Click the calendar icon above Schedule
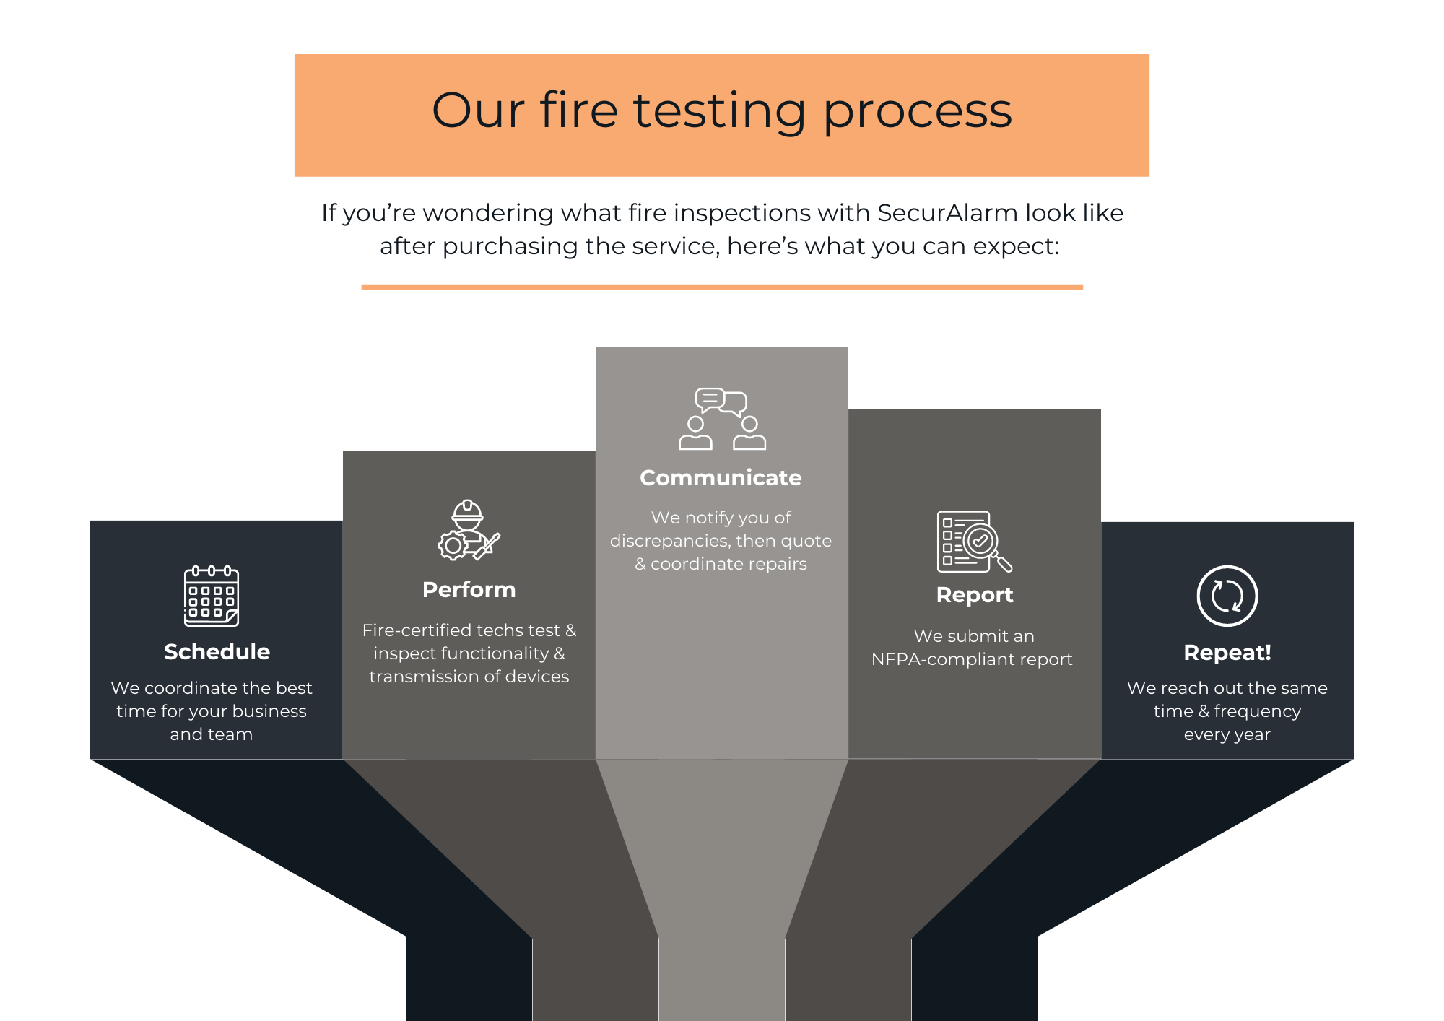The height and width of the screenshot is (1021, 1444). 211,596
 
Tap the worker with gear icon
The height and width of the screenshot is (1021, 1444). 469,531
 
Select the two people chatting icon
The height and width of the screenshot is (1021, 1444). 722,419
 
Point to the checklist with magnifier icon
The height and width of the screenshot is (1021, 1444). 974,542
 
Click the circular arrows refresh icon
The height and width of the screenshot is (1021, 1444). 1227,596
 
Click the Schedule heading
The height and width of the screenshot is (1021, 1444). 217,651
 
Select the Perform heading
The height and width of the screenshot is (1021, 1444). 469,589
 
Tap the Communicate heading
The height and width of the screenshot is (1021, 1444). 721,477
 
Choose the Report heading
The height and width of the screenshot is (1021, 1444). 974,594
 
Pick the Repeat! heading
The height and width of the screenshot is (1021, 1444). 1227,652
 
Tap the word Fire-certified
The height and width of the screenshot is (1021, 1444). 415,630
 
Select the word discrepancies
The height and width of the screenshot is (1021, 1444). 669,541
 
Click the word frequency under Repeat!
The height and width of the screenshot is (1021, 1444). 1257,711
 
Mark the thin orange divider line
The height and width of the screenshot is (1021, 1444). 722,287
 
